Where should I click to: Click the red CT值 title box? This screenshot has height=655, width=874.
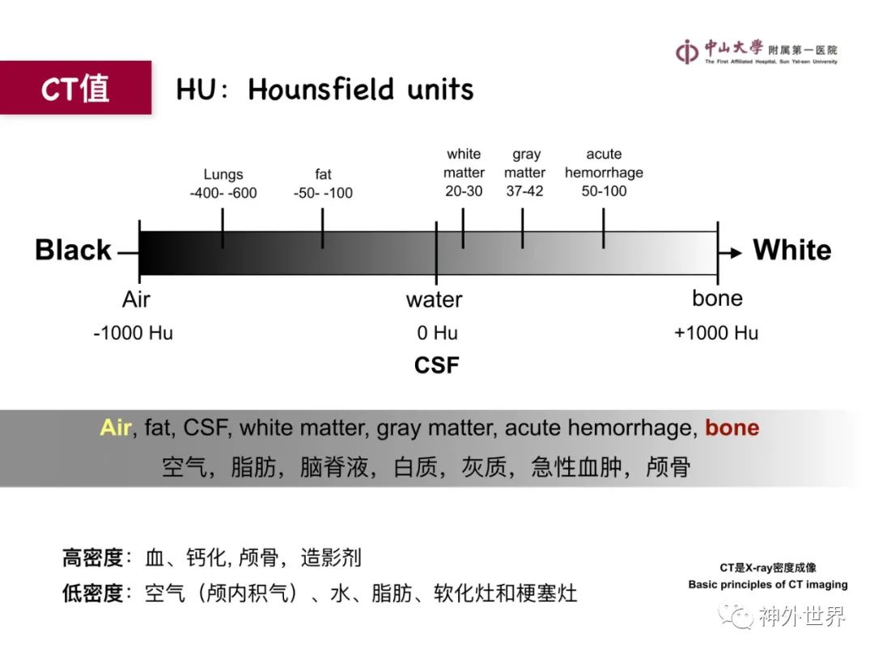(76, 87)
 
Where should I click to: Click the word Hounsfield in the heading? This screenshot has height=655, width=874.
(320, 89)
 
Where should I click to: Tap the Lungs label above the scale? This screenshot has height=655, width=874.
(223, 175)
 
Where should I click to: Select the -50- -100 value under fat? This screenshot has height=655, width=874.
(323, 192)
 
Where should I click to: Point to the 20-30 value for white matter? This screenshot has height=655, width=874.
(464, 191)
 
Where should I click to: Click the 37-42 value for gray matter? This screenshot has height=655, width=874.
(524, 191)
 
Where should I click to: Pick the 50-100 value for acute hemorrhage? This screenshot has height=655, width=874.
(605, 191)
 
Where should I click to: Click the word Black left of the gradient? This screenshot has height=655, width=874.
(73, 250)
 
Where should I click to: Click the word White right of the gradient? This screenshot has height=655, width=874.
(792, 250)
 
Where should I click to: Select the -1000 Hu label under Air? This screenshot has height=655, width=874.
(134, 333)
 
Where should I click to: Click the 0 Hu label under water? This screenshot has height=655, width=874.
(438, 333)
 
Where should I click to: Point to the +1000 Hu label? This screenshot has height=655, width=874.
(716, 333)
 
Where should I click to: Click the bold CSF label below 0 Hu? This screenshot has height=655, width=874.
(437, 366)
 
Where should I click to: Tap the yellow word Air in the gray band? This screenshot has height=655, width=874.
(116, 428)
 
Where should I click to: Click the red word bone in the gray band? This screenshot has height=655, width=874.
(732, 428)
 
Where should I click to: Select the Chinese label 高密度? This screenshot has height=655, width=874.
(92, 557)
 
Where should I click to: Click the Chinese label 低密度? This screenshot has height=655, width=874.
(92, 594)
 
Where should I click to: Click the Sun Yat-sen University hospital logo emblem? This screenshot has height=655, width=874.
(687, 52)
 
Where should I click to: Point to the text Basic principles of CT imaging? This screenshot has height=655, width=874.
(768, 585)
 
